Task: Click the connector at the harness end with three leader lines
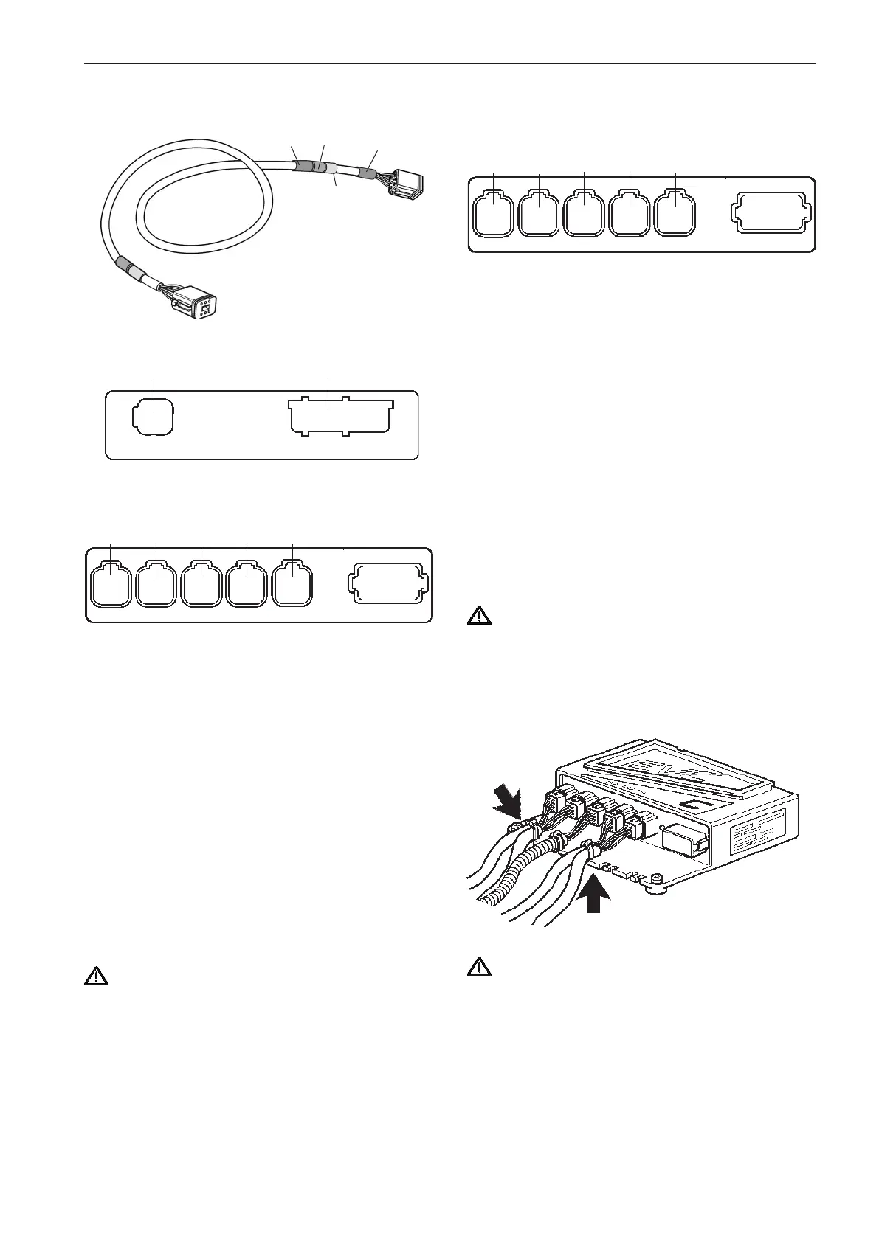click(404, 181)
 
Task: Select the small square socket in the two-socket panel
click(152, 417)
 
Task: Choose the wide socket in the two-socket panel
click(342, 417)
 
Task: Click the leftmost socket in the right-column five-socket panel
click(493, 213)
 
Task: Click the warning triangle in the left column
click(95, 978)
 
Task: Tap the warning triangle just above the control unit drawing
click(476, 617)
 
